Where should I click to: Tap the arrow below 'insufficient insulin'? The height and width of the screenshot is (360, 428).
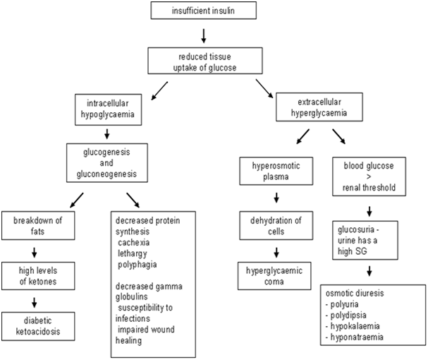coord(203,34)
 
